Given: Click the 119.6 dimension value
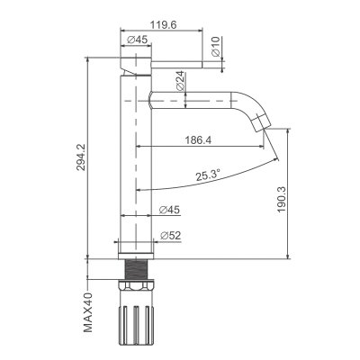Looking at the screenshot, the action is point(163,24).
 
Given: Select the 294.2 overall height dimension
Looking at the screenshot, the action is point(81,157).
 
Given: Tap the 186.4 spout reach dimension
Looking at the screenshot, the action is point(198,139).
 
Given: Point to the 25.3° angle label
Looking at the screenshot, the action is point(208,175).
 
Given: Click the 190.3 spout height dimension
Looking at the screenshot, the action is point(282,200).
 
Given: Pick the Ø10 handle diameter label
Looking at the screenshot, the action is point(216,47).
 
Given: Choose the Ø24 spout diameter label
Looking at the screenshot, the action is point(180,81).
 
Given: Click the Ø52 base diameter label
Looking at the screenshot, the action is point(170,236).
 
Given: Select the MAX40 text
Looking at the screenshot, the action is point(88,312).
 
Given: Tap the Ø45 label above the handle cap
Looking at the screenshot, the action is point(137,40).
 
